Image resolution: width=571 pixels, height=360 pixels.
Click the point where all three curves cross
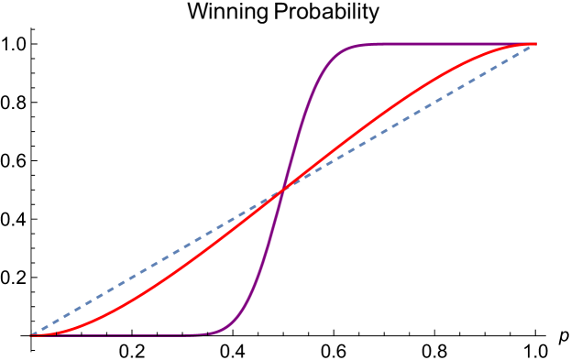tap(283, 189)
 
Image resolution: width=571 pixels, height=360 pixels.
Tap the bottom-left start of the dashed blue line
tap(32, 334)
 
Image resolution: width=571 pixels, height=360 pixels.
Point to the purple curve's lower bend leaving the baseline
tap(229, 328)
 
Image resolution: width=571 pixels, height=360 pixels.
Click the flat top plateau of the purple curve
tap(431, 43)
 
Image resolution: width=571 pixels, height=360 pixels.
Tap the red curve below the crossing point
tap(183, 265)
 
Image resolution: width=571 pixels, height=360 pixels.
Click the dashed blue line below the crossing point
tap(156, 263)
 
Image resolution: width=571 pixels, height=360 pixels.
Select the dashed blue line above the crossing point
tap(412, 115)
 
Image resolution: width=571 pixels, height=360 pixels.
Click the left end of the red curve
tap(35, 334)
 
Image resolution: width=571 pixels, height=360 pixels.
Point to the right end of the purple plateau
tap(532, 43)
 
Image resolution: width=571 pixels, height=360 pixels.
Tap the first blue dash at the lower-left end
tap(37, 332)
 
